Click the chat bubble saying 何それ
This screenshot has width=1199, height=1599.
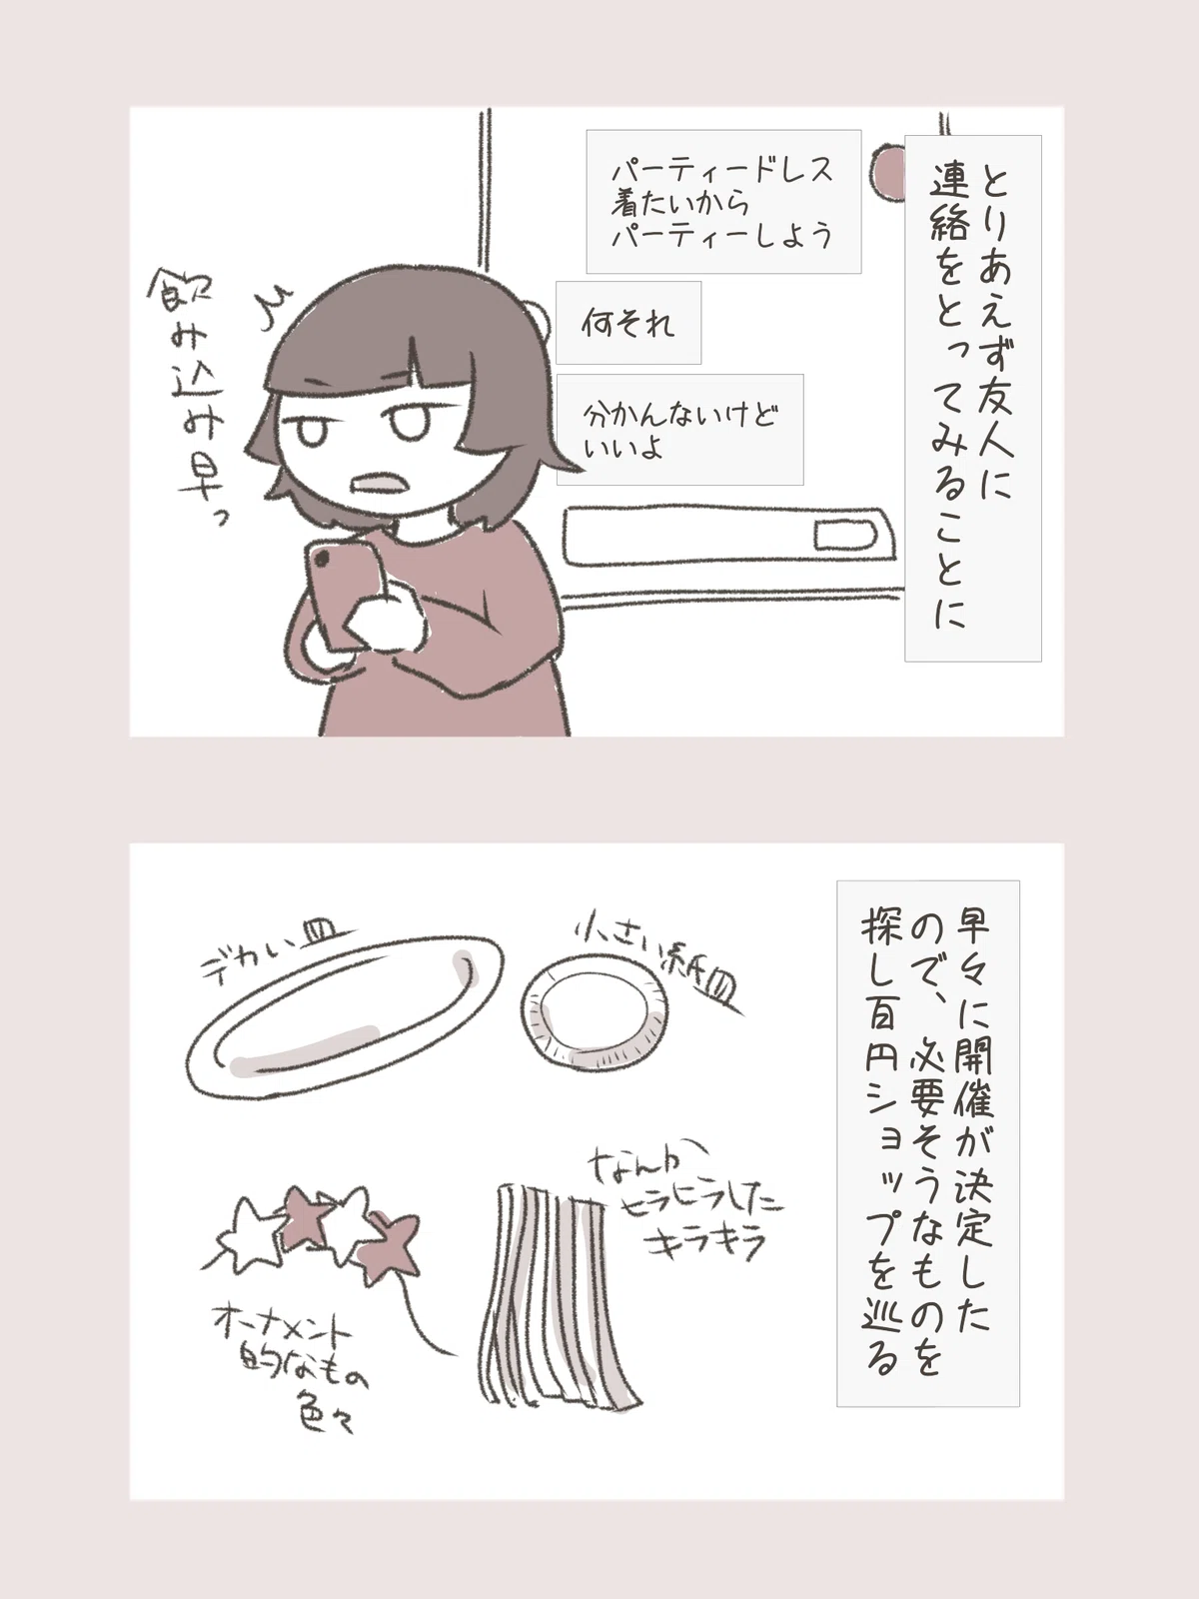628,323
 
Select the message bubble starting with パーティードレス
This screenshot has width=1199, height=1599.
723,202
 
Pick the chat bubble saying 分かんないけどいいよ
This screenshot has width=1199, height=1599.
680,429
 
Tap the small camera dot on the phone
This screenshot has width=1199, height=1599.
321,560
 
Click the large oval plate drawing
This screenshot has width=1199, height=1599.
345,1017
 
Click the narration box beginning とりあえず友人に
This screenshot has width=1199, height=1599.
972,398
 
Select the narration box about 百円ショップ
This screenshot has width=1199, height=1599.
927,1143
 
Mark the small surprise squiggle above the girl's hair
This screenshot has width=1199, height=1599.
271,300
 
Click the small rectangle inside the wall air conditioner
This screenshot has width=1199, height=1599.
843,536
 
